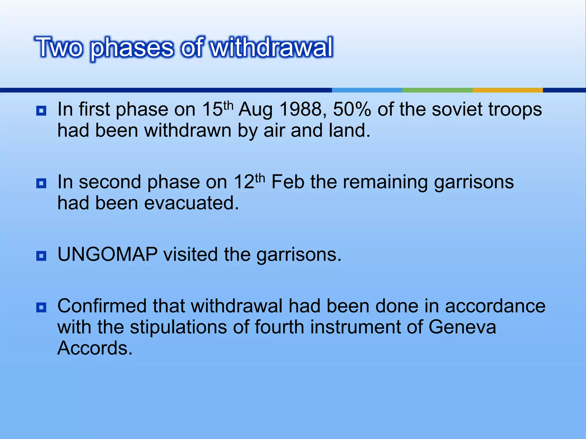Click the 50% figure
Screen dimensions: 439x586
[x=352, y=109]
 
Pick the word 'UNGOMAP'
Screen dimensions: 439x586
[x=107, y=254]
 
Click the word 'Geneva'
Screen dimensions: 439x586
[x=462, y=327]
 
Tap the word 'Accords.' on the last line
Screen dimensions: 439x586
[x=95, y=348]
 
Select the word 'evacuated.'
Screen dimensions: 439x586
[x=191, y=203]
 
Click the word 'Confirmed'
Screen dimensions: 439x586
[x=102, y=306]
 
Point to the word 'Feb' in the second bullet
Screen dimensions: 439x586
[x=288, y=182]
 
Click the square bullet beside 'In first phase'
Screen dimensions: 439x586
[x=41, y=111]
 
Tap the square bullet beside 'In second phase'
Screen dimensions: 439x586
[x=41, y=183]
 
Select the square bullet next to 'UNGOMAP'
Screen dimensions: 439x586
[x=41, y=256]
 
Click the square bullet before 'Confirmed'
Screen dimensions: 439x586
[x=41, y=308]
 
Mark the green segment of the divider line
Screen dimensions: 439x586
[x=437, y=90]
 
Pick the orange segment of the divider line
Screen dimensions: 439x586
[x=508, y=90]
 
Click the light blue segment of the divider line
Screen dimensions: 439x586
[x=367, y=90]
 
